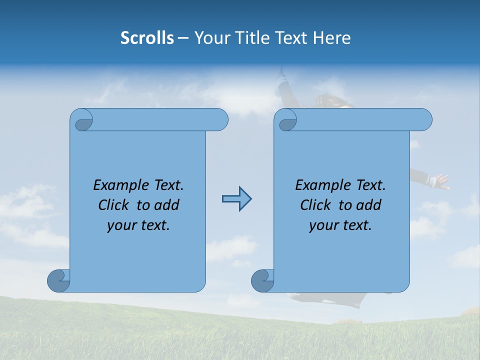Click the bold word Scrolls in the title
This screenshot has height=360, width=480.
click(147, 38)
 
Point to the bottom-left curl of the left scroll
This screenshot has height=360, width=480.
click(59, 281)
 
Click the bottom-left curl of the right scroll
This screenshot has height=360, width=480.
click(262, 281)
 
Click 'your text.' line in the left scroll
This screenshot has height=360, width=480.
click(138, 225)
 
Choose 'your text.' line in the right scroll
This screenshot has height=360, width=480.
click(340, 225)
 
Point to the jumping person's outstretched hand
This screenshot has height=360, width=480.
click(441, 181)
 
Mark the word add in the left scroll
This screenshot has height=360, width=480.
click(166, 205)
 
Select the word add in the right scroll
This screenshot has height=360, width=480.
click(368, 205)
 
